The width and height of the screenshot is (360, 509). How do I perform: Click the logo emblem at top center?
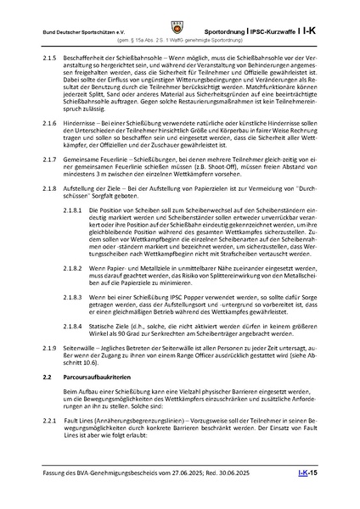pyautogui.click(x=180, y=10)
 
